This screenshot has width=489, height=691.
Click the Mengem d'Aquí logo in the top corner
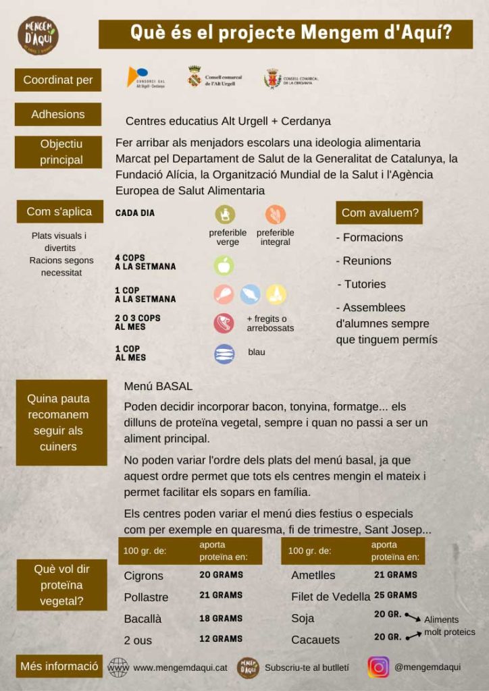tap(38, 35)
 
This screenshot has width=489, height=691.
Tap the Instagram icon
tap(378, 667)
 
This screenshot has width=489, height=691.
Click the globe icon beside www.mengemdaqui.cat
tap(118, 667)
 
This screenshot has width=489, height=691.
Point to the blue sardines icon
tap(224, 354)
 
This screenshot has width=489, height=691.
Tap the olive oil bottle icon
tap(225, 215)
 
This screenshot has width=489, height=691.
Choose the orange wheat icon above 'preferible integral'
tap(275, 215)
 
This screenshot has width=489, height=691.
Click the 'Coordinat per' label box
tap(58, 80)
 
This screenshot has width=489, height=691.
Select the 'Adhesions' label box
tap(58, 115)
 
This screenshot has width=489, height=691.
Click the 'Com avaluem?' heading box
tap(380, 213)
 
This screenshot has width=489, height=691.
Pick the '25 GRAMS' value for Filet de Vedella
tap(396, 595)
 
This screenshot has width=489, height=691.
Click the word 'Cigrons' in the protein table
tap(144, 576)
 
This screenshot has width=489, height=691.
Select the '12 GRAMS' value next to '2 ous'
tap(221, 638)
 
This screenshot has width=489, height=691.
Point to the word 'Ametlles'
tap(313, 576)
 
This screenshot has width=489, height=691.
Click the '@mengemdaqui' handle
tap(428, 667)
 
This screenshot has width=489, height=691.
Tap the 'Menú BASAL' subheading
tap(158, 387)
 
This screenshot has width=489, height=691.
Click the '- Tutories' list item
tap(361, 284)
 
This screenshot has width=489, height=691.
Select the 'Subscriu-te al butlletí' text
tap(307, 667)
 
